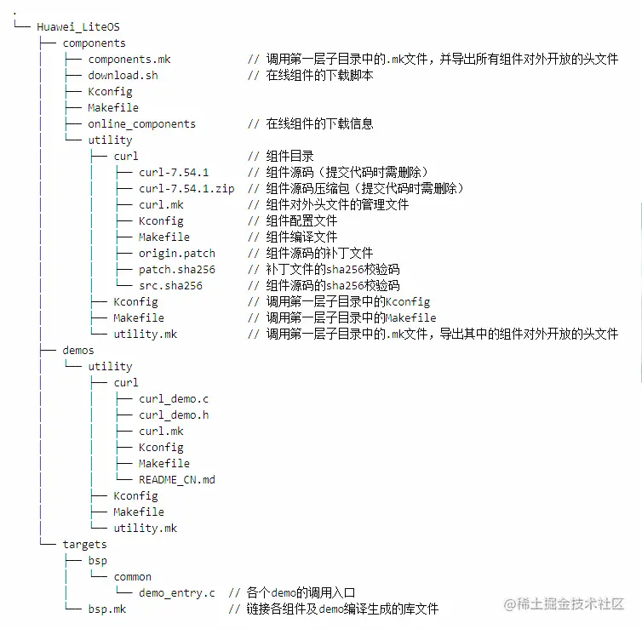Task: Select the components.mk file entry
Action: pos(129,59)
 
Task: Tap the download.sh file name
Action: pos(123,75)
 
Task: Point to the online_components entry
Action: pos(141,123)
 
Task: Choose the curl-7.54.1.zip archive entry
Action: pos(186,188)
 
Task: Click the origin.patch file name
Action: pos(177,253)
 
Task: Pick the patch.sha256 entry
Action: pos(177,269)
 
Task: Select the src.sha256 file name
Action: pos(170,285)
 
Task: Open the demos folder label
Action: pos(78,350)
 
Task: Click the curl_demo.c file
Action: pos(174,398)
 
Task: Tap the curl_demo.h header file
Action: pos(174,415)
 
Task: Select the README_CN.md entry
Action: pos(177,479)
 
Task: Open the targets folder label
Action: pos(84,544)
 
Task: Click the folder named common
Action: pos(132,576)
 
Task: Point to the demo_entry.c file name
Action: pos(177,592)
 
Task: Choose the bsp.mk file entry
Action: pos(106,609)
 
